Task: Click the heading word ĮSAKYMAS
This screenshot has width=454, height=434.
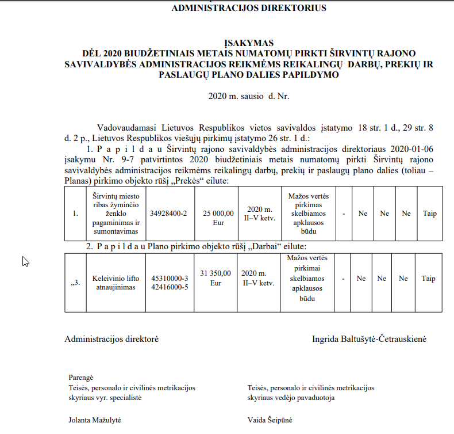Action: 248,43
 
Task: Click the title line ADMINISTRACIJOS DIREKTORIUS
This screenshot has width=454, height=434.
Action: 248,8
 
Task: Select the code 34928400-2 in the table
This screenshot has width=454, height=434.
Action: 168,213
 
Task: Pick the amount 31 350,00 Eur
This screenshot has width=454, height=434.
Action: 215,278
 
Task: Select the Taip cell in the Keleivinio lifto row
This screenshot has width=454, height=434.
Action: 429,278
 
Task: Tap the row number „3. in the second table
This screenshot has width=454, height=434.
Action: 75,283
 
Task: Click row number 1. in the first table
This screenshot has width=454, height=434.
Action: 75,214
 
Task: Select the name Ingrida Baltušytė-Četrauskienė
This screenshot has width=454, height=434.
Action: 369,339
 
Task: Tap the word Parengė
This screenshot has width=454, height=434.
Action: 80,376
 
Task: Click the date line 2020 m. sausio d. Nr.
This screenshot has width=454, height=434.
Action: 248,96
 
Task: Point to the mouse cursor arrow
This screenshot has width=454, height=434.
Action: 25,261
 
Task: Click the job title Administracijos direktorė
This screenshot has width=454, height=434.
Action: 111,339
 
